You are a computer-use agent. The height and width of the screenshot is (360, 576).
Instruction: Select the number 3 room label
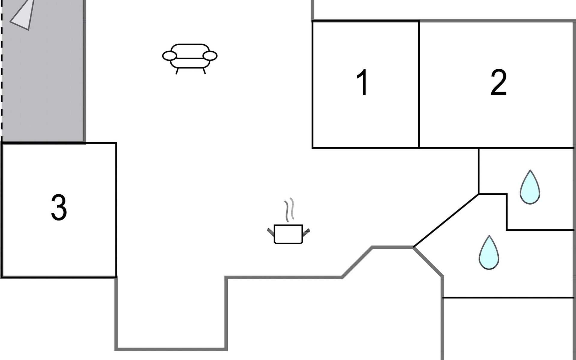59,207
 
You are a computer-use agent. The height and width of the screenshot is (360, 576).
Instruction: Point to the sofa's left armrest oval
169,56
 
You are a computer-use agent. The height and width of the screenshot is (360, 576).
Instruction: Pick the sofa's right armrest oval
210,56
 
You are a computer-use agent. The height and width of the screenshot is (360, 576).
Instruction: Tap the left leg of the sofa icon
177,71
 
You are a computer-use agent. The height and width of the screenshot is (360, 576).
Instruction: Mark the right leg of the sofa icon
204,71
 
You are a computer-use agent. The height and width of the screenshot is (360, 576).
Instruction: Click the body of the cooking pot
288,234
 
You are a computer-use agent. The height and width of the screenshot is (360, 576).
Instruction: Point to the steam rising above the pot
289,210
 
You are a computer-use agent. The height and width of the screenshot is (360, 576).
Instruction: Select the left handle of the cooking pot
271,231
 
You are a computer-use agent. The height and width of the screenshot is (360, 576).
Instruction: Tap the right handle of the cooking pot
306,231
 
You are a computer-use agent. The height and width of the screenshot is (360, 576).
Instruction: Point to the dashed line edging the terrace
2,71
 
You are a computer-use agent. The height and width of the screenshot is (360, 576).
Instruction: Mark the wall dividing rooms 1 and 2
419,84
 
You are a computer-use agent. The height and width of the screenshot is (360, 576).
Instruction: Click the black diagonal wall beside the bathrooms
446,220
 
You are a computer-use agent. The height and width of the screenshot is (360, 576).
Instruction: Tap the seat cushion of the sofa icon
190,63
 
